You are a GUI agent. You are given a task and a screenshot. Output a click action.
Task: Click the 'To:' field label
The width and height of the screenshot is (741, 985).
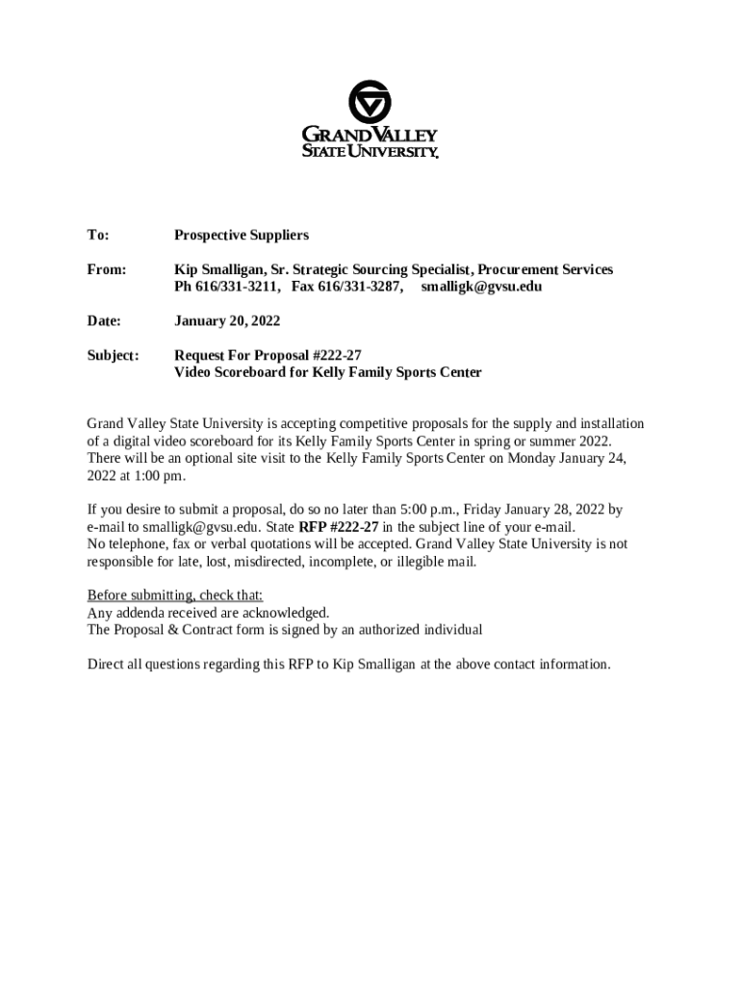(x=98, y=235)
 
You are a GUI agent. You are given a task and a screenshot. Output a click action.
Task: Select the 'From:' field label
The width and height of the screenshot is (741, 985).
(x=107, y=269)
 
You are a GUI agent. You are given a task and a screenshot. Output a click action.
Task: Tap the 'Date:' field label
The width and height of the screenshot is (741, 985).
(x=104, y=320)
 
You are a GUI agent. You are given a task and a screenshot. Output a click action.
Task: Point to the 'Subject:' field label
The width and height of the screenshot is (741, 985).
(x=114, y=355)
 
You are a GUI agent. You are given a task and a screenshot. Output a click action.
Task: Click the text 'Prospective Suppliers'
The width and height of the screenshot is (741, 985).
(x=242, y=235)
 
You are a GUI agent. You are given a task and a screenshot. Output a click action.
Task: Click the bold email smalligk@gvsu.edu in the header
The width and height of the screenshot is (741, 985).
(x=481, y=287)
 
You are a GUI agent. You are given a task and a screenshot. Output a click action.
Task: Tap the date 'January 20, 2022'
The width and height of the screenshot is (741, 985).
(x=227, y=320)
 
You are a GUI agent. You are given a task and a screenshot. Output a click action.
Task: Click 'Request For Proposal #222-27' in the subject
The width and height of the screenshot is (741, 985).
(x=268, y=355)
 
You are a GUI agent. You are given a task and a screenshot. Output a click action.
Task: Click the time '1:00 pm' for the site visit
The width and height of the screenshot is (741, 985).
(x=160, y=475)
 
